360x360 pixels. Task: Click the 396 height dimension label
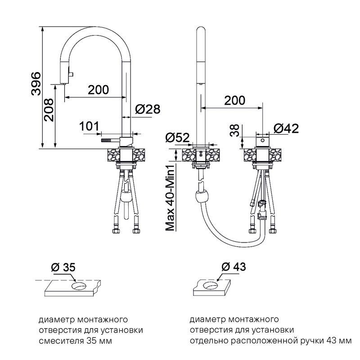[x=36, y=84]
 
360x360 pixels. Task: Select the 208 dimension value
[x=49, y=110]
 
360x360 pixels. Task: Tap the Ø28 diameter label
[x=148, y=109]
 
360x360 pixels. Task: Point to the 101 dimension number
[x=89, y=126]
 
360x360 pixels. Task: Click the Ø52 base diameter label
[x=177, y=138]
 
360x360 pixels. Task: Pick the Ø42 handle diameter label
[x=286, y=128]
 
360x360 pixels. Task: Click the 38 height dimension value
[x=235, y=130]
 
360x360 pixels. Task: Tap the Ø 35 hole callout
[x=63, y=267]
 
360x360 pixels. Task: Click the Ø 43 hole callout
[x=234, y=266]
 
